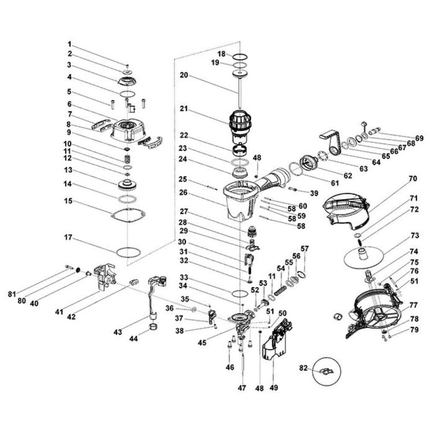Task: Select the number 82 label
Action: click(x=303, y=368)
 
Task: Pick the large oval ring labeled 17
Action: click(x=128, y=252)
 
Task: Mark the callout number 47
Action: click(x=242, y=388)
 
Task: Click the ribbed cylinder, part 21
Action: click(x=241, y=121)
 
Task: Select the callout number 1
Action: click(x=69, y=44)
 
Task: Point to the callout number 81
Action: click(x=13, y=294)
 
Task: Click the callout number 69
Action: click(x=419, y=138)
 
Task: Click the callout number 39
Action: click(x=314, y=193)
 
